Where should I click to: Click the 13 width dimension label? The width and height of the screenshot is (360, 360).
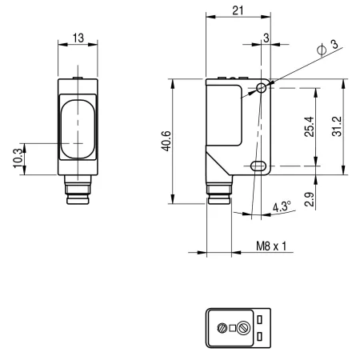tap(78, 38)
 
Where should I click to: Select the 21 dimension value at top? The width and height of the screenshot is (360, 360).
tap(238, 10)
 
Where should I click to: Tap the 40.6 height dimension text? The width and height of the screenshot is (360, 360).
tap(167, 141)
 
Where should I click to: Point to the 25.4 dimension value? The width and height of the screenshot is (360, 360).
tap(310, 126)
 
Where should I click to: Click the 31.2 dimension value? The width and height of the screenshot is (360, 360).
tap(337, 126)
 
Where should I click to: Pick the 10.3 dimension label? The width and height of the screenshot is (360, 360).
tap(18, 158)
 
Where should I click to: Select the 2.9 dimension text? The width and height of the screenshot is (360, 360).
tap(310, 199)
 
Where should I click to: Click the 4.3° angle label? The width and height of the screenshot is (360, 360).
tap(282, 206)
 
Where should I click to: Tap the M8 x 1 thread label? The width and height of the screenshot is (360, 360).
tap(271, 246)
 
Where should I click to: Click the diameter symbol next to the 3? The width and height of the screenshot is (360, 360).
tap(322, 50)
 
